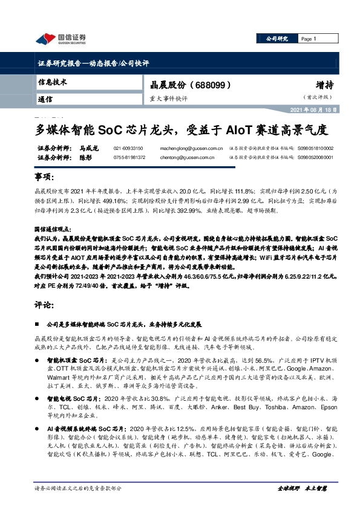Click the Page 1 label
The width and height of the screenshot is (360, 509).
tap(309, 39)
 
